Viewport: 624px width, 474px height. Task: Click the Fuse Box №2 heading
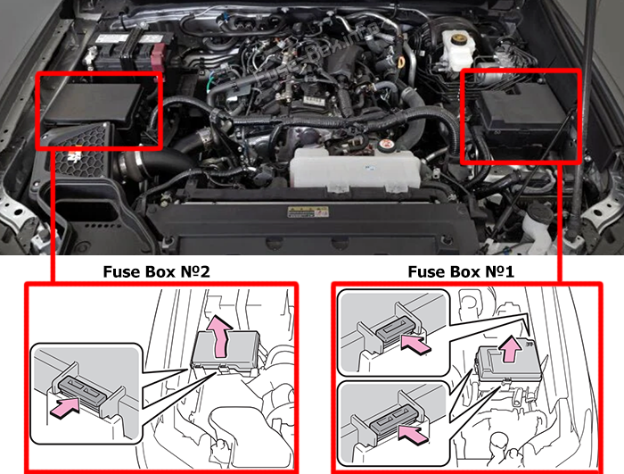click(x=156, y=271)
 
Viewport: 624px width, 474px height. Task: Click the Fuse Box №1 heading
click(x=461, y=271)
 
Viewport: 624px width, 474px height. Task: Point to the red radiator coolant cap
click(x=386, y=146)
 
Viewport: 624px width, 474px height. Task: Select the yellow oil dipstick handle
click(x=401, y=63)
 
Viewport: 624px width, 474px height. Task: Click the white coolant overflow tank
click(x=355, y=168)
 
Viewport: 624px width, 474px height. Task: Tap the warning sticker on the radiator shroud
click(x=308, y=212)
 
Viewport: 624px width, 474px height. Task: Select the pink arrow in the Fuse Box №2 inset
click(x=65, y=407)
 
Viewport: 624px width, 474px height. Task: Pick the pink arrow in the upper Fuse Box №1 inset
click(x=416, y=344)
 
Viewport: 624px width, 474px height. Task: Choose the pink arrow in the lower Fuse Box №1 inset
click(x=414, y=434)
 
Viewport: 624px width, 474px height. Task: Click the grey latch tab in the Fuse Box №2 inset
click(x=83, y=388)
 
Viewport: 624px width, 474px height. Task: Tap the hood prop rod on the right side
click(x=582, y=120)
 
